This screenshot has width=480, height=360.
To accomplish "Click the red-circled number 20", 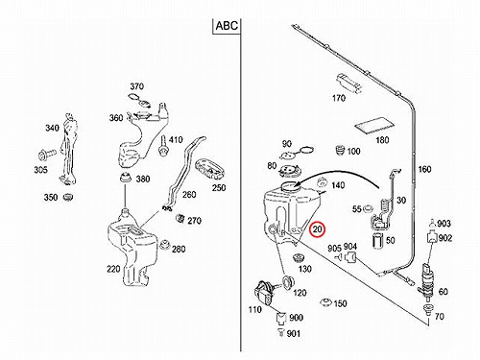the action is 317,229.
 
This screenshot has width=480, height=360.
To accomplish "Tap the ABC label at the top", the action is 227,26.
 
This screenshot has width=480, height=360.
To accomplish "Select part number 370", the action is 136,86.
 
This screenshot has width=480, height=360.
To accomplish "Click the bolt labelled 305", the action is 46,155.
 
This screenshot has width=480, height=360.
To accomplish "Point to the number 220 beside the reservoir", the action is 113,269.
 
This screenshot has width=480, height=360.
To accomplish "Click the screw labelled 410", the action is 164,146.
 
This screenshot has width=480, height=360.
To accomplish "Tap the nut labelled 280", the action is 165,244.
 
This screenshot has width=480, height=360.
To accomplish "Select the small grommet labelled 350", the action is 67,197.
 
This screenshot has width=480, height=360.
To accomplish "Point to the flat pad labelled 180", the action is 374,125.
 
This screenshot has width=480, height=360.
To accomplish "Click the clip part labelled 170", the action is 348,83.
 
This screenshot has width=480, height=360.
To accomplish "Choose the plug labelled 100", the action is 340,150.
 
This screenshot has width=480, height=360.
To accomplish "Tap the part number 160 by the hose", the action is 424,169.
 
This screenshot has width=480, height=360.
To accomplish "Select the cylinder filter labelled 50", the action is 378,240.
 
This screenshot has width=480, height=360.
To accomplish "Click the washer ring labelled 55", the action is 368,208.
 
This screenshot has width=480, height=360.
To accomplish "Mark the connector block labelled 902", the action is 432,237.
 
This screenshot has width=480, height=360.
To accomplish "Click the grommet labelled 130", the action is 299,258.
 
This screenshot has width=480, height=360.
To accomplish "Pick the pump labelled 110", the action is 265,293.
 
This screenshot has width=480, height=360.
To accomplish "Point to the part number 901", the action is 294,333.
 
